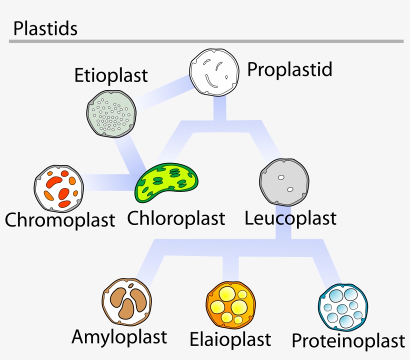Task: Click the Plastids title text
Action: click(x=45, y=28)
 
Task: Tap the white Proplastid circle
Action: click(x=214, y=71)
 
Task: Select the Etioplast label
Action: click(x=111, y=75)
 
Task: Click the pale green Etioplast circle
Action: click(x=111, y=113)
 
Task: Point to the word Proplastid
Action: click(x=289, y=69)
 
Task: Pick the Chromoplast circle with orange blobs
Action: click(x=59, y=188)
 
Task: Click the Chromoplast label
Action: click(x=60, y=219)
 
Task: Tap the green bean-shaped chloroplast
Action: click(x=167, y=181)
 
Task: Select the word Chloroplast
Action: click(x=176, y=218)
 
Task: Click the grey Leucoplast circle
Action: click(x=284, y=182)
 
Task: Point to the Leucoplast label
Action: click(x=290, y=218)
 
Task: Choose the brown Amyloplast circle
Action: click(x=126, y=302)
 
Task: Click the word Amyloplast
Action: click(x=119, y=336)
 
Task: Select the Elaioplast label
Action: click(x=230, y=339)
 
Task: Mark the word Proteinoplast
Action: click(x=348, y=341)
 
